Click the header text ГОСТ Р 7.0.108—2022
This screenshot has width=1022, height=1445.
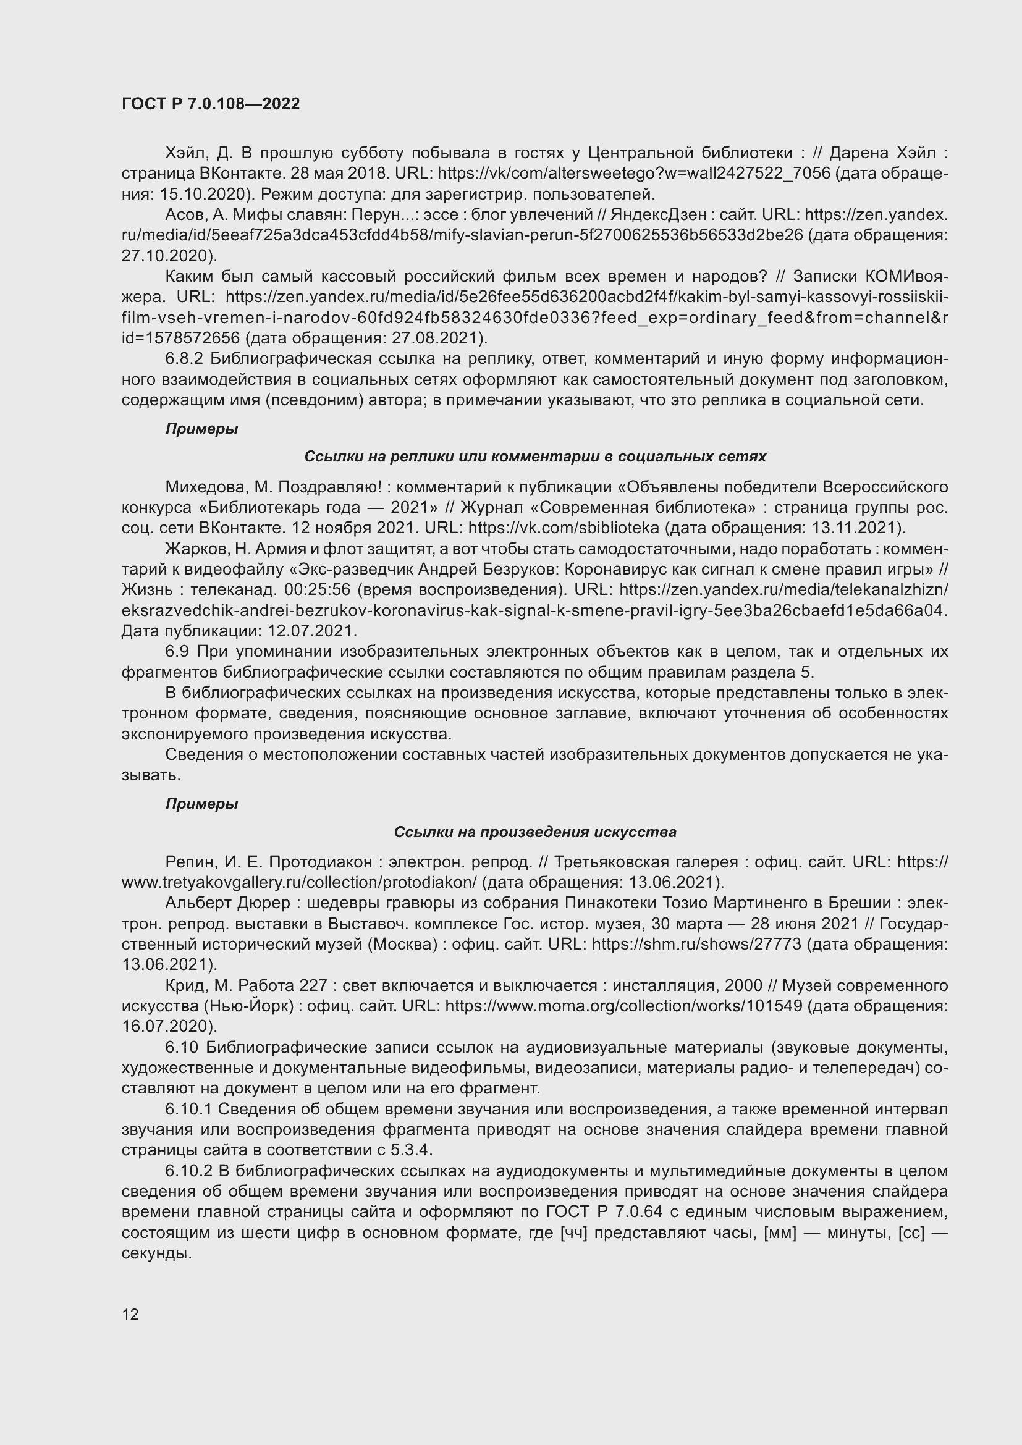point(211,104)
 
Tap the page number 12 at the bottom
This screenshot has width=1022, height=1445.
point(130,1313)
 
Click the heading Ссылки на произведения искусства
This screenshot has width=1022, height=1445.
point(535,832)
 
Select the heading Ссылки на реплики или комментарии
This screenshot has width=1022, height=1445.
point(535,457)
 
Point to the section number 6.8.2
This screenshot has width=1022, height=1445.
point(184,359)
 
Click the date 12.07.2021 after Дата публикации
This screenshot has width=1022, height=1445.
point(311,631)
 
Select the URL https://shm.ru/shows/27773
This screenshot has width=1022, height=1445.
point(696,944)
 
